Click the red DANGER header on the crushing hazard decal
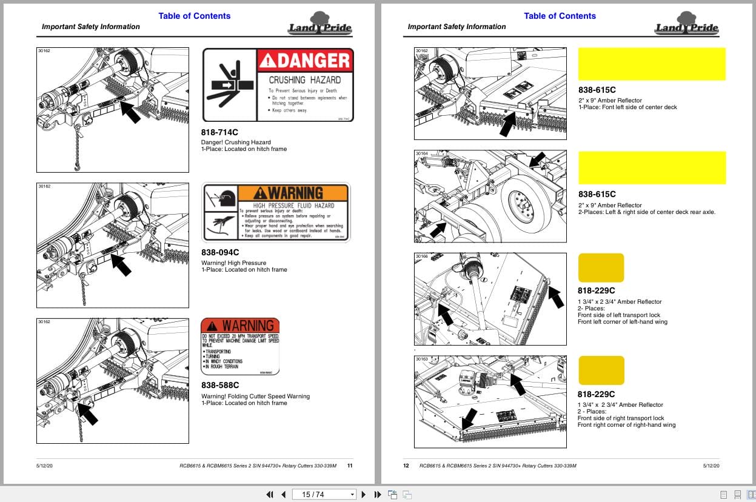click(305, 61)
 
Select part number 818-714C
click(219, 132)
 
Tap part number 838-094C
click(220, 252)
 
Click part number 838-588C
click(220, 385)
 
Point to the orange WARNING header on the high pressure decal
click(293, 193)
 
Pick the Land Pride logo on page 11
click(319, 25)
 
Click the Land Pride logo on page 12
click(686, 25)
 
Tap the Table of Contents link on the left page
click(194, 16)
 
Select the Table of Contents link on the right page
click(560, 16)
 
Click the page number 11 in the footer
click(350, 466)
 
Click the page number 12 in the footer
click(406, 466)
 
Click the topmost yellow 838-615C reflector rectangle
click(652, 64)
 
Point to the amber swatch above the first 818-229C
click(601, 268)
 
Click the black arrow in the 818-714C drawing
click(130, 112)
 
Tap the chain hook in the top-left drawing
click(79, 161)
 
